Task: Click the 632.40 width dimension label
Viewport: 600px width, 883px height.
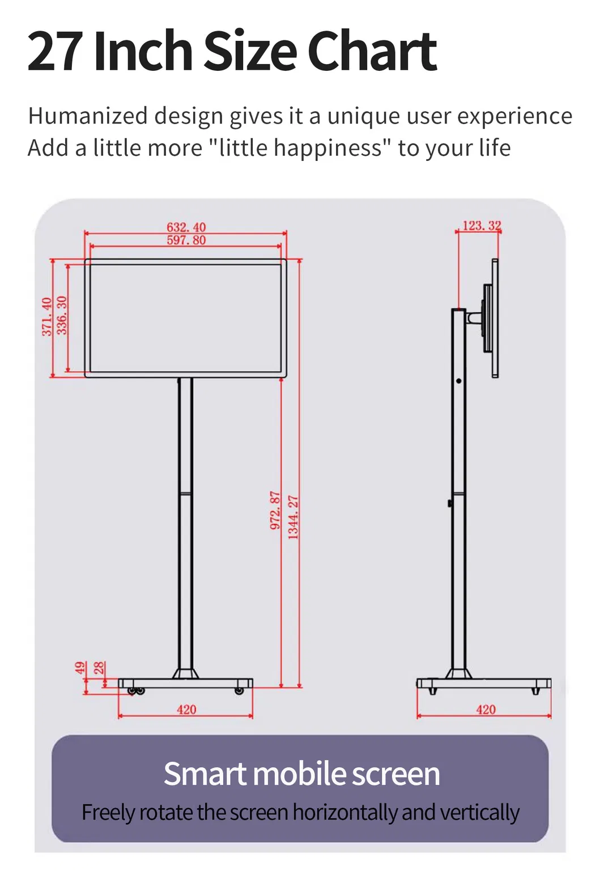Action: click(x=186, y=227)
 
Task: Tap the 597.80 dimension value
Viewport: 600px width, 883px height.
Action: click(x=186, y=240)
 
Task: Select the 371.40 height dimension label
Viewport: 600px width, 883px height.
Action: click(x=47, y=316)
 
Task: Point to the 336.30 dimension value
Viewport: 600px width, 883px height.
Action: click(x=62, y=315)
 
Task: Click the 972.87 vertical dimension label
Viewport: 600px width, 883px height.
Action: click(x=275, y=510)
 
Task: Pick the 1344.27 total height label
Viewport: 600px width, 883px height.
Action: click(x=293, y=517)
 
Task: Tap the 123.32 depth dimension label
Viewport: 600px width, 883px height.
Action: click(x=482, y=226)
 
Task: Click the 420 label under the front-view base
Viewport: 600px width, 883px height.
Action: click(x=186, y=710)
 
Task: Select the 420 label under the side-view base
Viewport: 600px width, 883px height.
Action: click(x=486, y=710)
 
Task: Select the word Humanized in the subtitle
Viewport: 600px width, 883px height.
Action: click(x=88, y=116)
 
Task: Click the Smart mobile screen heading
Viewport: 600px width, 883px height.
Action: click(x=301, y=774)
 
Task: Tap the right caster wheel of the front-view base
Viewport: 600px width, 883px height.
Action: click(x=239, y=691)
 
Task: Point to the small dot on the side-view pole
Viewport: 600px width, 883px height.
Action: click(x=458, y=381)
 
